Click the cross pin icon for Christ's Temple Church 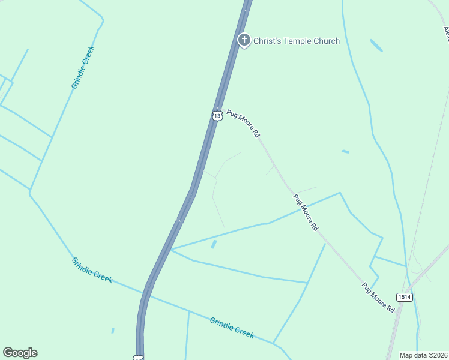point(244,40)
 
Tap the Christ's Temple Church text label point(297,41)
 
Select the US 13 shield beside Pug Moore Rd point(217,115)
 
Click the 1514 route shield point(405,297)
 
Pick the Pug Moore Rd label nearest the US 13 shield point(243,123)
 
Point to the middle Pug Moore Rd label point(306,212)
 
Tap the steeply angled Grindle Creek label point(83,67)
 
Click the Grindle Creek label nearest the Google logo point(92,270)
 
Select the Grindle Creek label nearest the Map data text point(232,328)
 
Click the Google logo point(20,353)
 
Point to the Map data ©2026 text point(424,355)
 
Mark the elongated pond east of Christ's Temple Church point(376,46)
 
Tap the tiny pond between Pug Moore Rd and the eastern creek point(345,151)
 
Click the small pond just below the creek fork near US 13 point(214,244)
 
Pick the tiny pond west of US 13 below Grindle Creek point(113,330)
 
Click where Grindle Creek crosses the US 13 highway point(146,295)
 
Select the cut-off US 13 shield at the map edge point(139,358)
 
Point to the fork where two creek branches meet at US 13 point(171,249)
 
